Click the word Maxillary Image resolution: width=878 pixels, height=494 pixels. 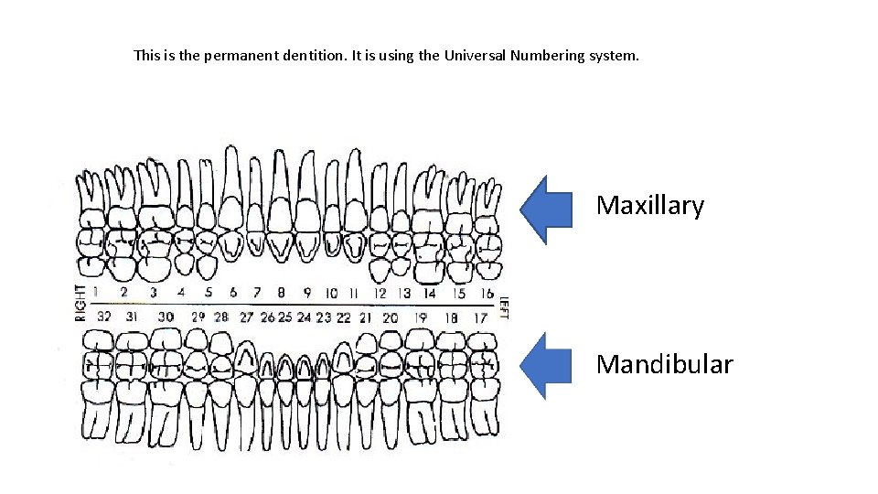tap(649, 206)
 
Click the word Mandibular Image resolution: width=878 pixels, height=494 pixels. tap(664, 365)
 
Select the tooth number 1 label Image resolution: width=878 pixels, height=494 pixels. tap(96, 293)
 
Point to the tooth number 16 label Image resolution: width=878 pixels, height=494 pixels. tap(487, 294)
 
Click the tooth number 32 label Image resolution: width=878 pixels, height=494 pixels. tap(104, 317)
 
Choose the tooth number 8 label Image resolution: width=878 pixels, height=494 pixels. tap(282, 293)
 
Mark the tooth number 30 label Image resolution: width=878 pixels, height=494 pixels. tap(166, 317)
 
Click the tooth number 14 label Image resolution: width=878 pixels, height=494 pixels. tap(428, 294)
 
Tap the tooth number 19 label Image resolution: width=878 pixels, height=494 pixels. tap(421, 317)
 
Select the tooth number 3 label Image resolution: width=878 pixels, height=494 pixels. tap(153, 293)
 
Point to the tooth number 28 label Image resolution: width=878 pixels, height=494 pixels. tap(221, 317)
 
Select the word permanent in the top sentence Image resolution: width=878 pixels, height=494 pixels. tap(237, 55)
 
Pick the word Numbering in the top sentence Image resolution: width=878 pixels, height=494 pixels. tap(550, 55)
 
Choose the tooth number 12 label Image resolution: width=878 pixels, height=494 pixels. tap(380, 294)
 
